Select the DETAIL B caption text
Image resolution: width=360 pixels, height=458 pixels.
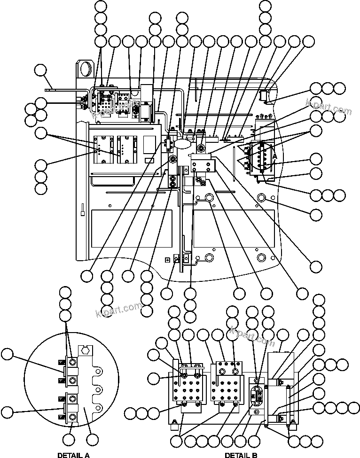[241, 455]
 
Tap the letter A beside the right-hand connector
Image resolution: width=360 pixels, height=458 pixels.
[275, 156]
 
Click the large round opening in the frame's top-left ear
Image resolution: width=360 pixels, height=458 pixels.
[86, 69]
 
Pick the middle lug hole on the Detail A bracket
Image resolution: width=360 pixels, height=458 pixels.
[98, 390]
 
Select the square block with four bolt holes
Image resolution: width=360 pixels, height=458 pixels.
[203, 165]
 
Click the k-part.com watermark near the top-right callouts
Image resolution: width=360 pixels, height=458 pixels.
[329, 107]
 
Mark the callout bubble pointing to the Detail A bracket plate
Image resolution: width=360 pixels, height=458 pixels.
[93, 440]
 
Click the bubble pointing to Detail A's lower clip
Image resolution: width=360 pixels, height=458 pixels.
[7, 412]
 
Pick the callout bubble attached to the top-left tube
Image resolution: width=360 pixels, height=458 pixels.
[41, 71]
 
